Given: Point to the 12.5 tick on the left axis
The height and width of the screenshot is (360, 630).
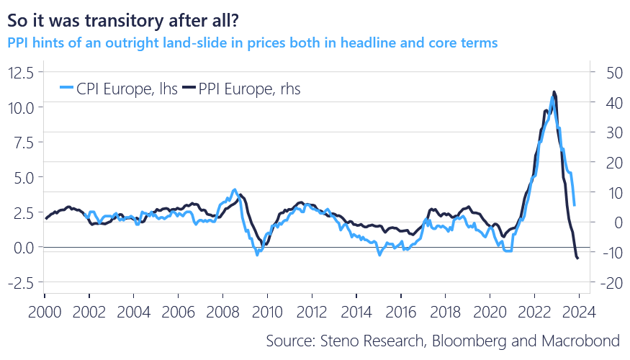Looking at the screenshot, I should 22,72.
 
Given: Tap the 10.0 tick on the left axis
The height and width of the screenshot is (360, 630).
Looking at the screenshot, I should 22,107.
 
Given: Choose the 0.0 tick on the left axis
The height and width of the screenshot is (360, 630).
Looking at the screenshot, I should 24,247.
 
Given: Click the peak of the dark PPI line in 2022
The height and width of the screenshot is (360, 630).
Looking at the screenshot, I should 554,91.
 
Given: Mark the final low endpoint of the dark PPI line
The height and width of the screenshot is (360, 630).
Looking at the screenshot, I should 578,259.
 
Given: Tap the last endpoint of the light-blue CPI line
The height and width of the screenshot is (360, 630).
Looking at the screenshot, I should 575,205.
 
